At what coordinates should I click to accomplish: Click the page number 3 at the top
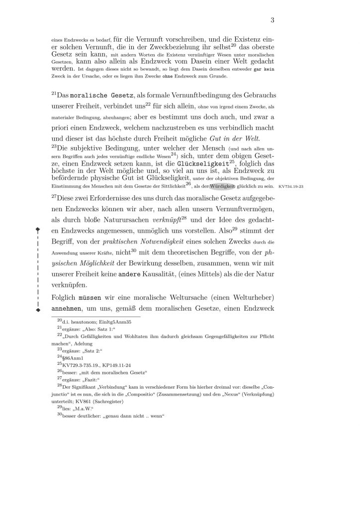(272, 20)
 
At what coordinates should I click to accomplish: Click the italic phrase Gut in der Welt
(235, 138)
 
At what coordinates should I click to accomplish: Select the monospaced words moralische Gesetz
(94, 94)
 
